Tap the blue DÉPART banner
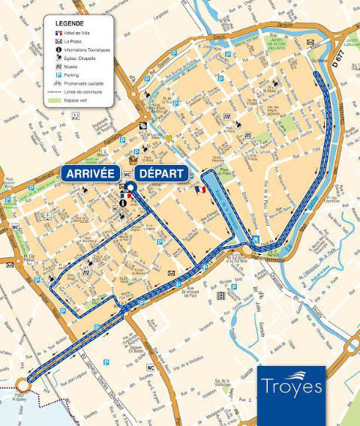click(x=161, y=173)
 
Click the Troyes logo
click(x=292, y=385)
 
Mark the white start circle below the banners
click(x=129, y=187)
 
